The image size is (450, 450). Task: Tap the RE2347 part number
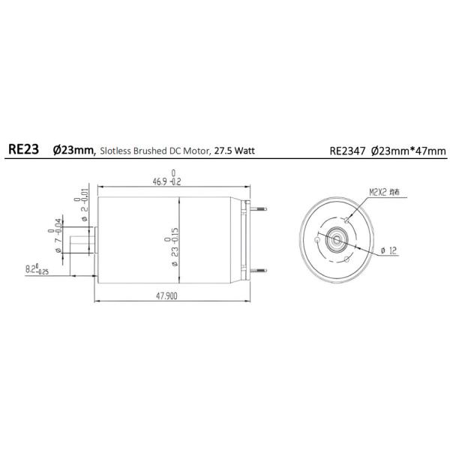click(x=347, y=150)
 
